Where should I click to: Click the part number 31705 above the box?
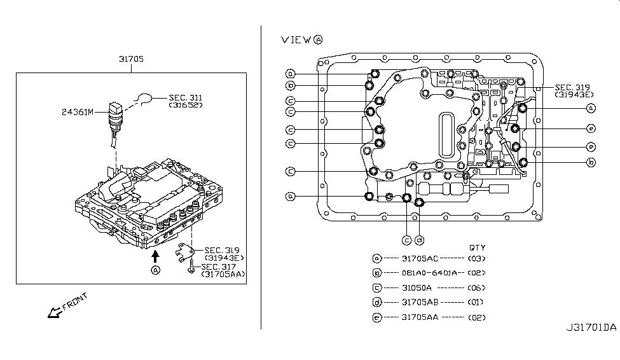click(131, 59)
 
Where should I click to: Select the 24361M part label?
click(78, 112)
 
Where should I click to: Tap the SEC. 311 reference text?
click(186, 97)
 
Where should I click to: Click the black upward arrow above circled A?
click(155, 256)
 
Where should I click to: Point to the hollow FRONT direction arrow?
click(55, 312)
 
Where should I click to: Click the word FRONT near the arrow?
click(75, 301)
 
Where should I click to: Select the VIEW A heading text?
click(301, 39)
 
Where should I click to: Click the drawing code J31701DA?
click(591, 328)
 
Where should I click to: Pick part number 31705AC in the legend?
click(420, 259)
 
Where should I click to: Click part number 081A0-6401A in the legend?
click(429, 273)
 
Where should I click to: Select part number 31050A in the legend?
click(417, 288)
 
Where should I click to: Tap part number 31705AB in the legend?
click(420, 302)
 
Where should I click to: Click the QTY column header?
click(478, 247)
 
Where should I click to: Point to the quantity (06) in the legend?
click(476, 288)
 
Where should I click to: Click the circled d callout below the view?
click(420, 240)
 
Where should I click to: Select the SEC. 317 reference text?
click(218, 267)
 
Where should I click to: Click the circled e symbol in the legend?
click(377, 317)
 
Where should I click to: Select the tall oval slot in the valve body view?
click(446, 135)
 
